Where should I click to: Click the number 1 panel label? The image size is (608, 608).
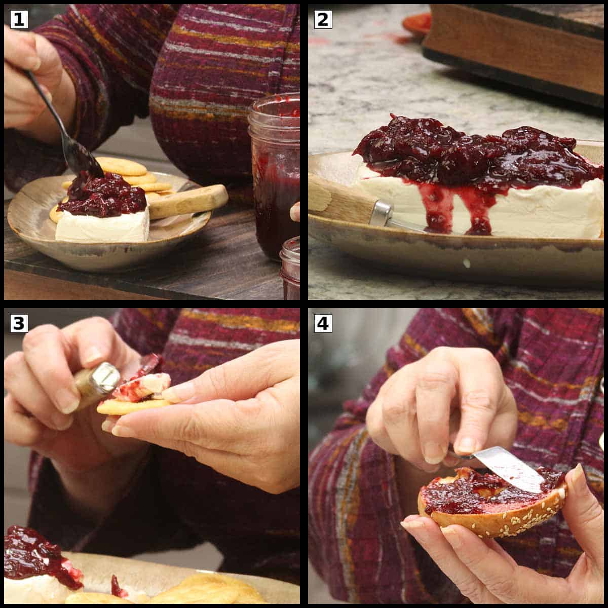point(19,19)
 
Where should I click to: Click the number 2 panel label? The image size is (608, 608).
point(323,19)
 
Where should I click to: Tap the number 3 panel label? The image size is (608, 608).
point(19,323)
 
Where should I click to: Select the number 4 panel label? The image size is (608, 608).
point(323,323)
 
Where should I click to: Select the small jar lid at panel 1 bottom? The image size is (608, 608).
point(291,253)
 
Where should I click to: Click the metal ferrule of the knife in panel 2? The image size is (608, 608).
point(381,213)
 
